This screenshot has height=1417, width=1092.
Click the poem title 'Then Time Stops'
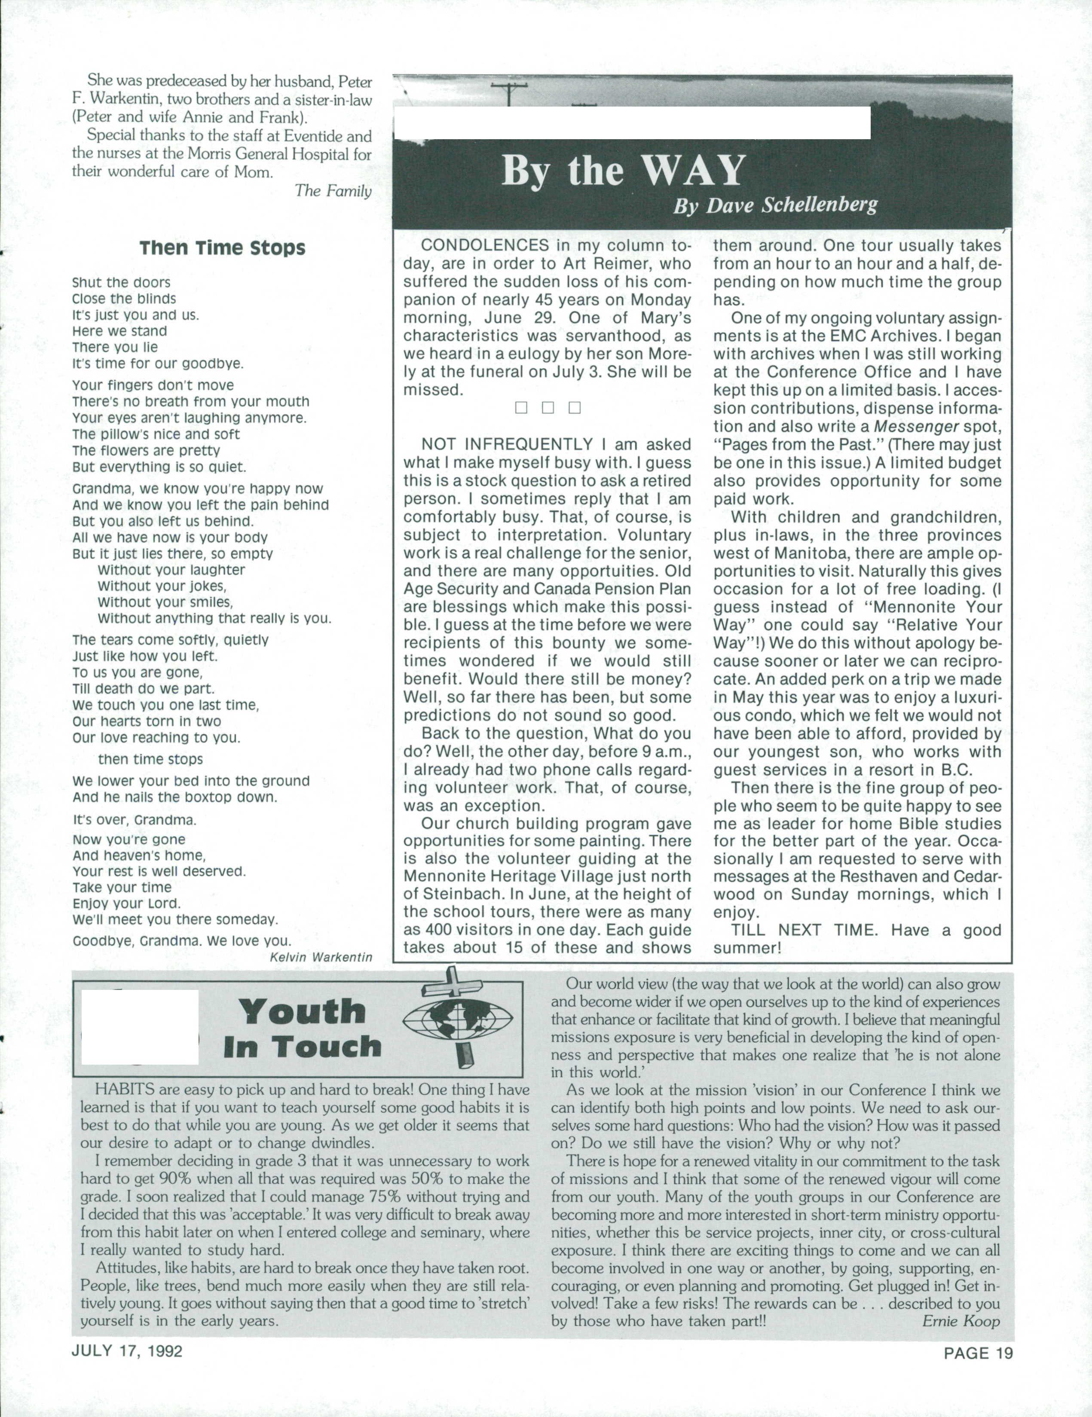[222, 248]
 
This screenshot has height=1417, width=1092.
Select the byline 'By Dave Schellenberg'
[775, 206]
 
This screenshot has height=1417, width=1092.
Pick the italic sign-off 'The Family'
[333, 191]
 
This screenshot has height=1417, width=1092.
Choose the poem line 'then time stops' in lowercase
[150, 759]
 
